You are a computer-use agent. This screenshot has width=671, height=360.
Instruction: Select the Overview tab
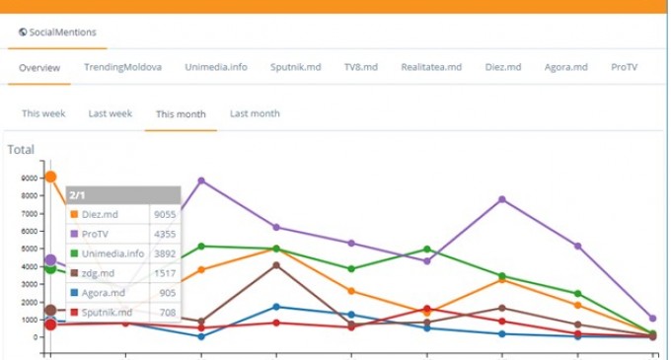pos(39,67)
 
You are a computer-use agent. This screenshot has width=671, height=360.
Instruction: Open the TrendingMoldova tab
pos(122,67)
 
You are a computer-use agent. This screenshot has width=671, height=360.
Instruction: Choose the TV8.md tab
pos(360,67)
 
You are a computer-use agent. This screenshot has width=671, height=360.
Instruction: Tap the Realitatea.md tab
pos(431,67)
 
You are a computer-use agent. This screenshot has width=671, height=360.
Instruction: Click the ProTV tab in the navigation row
pos(624,67)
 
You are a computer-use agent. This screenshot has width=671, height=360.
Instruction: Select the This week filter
pos(43,113)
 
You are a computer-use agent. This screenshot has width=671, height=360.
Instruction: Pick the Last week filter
pos(110,113)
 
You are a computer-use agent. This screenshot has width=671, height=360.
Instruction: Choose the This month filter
pos(181,114)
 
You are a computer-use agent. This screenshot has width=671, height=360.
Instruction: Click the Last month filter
pos(255,113)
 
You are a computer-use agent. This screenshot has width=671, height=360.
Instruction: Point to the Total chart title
pos(21,150)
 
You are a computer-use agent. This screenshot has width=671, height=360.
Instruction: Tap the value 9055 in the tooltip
pos(165,213)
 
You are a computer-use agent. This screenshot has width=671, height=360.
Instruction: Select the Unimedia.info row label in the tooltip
pos(112,252)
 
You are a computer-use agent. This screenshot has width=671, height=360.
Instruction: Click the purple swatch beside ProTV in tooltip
pos(74,234)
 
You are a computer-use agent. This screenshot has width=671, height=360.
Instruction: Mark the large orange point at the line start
pos(50,178)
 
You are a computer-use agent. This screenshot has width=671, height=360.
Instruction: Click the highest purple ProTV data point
pos(201,180)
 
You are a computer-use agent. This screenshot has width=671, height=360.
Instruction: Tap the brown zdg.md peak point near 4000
pos(276,264)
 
